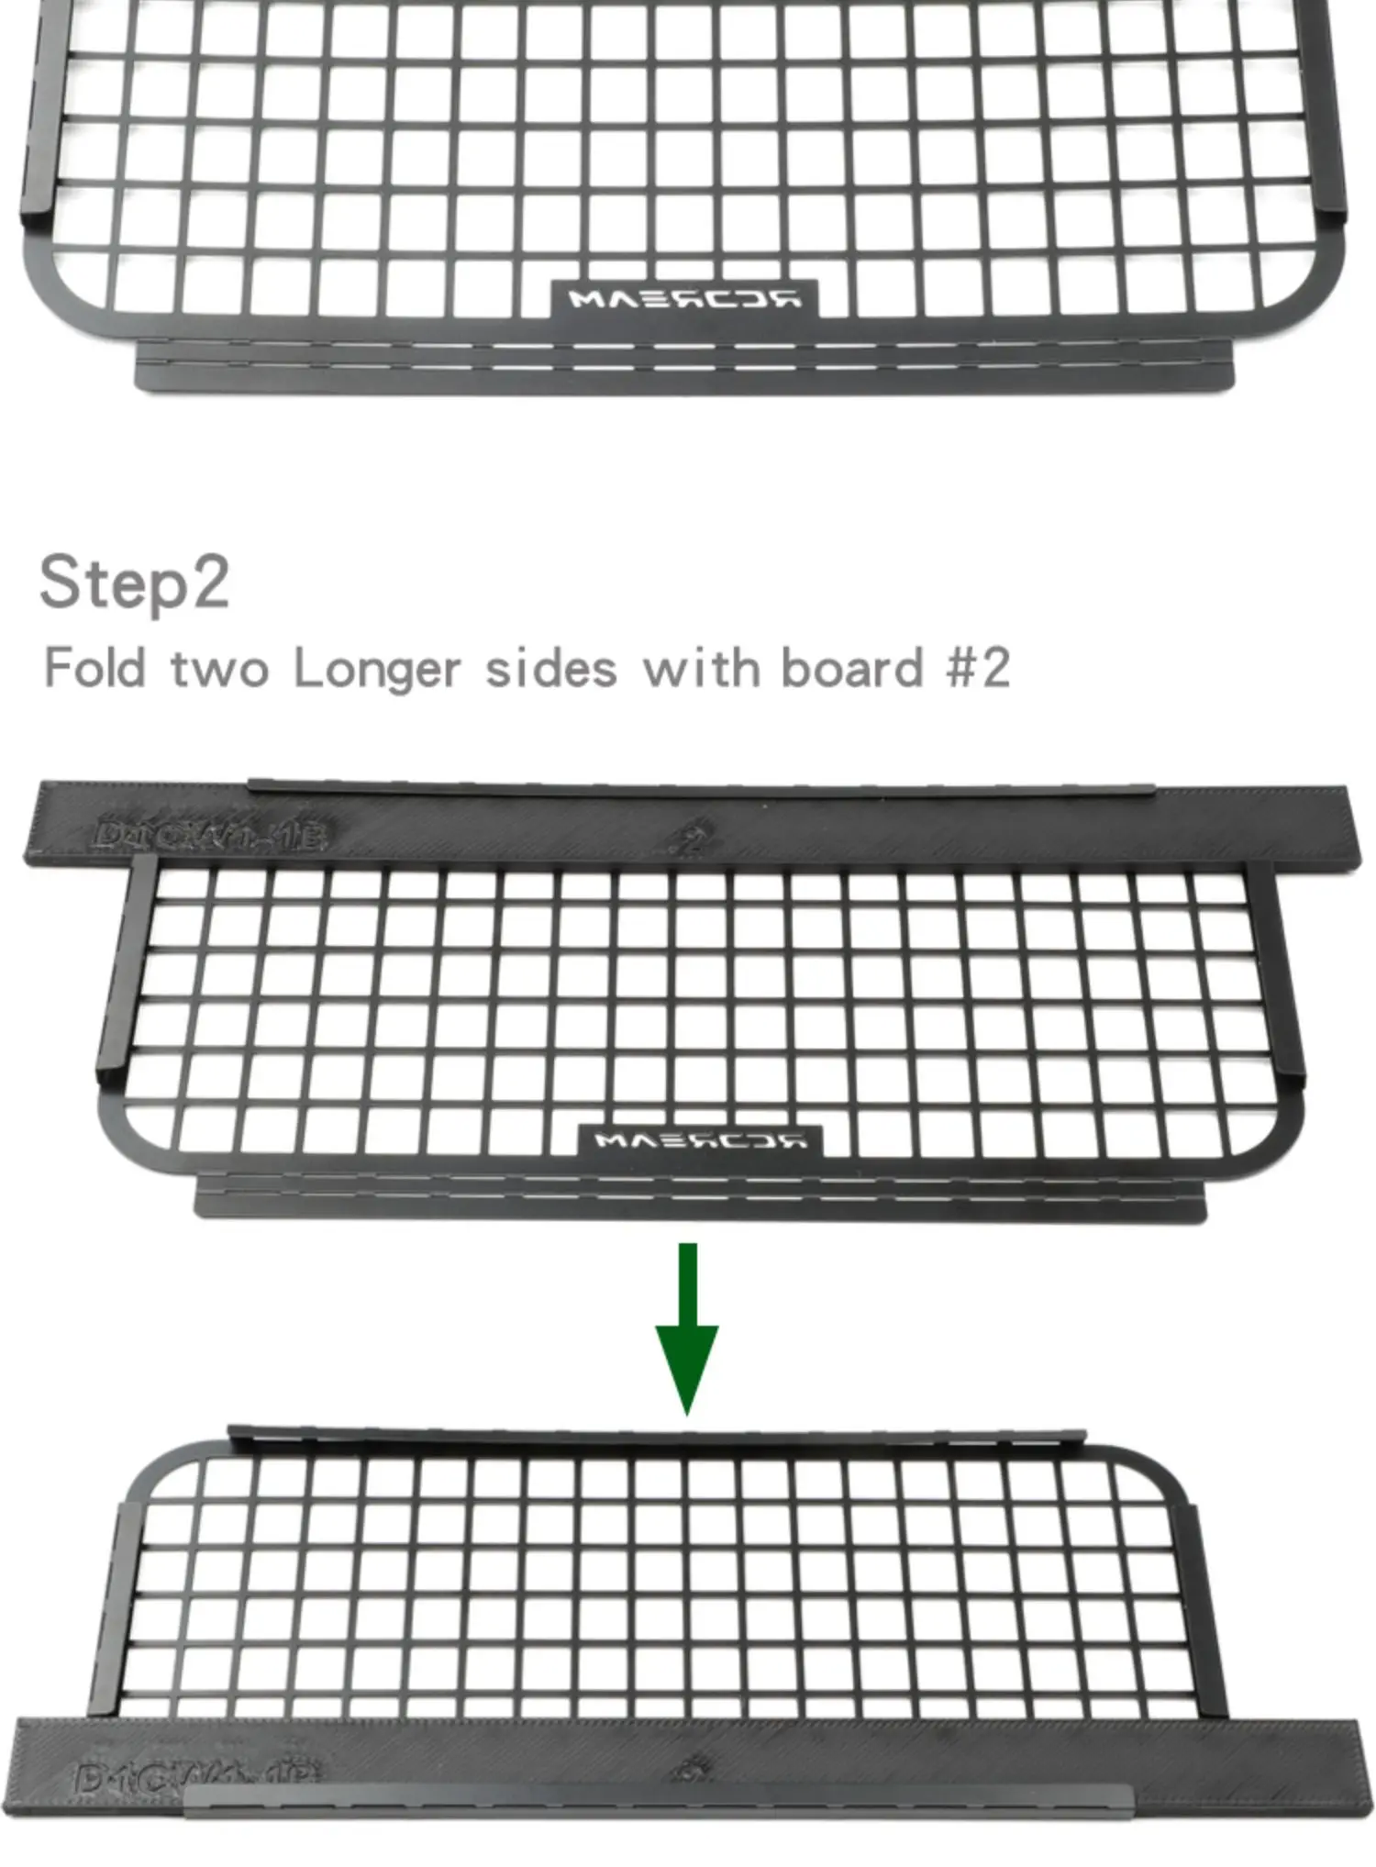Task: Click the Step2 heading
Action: (134, 583)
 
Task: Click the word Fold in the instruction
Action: (95, 668)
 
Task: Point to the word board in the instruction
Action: (850, 668)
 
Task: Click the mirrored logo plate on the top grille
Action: (683, 299)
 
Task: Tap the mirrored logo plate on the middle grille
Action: (700, 1140)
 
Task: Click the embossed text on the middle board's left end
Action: (209, 834)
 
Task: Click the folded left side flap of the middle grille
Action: (118, 972)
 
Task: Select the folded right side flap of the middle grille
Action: (1286, 972)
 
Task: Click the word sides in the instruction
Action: (550, 668)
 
